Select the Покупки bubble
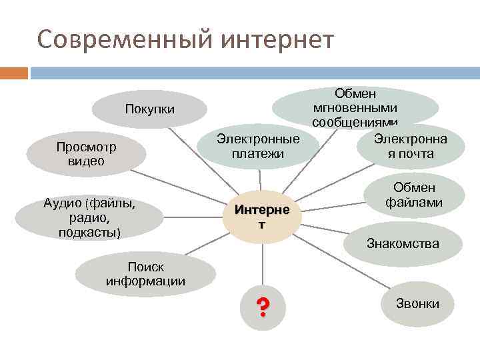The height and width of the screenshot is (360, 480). (x=149, y=109)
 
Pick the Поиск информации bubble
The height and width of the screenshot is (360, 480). (x=145, y=274)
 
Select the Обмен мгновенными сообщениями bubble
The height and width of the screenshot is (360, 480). (x=355, y=107)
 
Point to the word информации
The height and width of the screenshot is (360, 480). (x=145, y=281)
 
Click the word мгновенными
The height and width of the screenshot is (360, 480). (x=355, y=107)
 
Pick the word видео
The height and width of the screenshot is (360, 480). (x=86, y=161)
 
